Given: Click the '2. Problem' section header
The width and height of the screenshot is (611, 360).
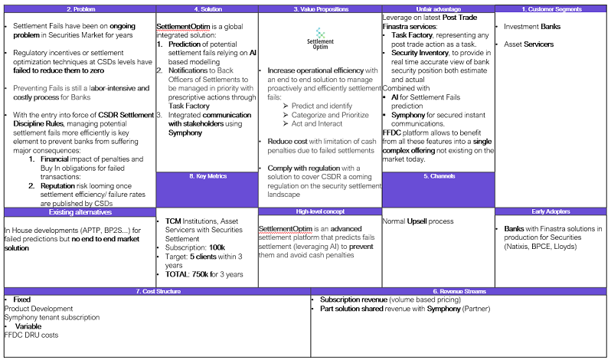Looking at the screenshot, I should tap(80, 9).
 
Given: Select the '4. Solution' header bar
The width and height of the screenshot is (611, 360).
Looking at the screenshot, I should tap(207, 9).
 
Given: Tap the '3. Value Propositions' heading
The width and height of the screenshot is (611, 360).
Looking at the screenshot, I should tap(319, 9).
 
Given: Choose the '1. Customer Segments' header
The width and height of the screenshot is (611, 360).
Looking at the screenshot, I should tap(552, 9).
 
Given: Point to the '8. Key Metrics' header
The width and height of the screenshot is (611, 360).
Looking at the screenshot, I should tap(207, 176).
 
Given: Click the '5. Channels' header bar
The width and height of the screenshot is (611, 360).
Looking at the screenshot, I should tap(438, 176).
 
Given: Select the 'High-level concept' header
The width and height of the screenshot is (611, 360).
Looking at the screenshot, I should tap(319, 211).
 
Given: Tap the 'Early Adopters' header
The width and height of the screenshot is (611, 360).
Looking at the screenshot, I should tap(552, 211).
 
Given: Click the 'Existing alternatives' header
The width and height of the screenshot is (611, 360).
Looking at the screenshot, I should tap(80, 211).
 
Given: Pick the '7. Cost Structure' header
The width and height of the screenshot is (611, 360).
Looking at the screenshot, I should tap(156, 291).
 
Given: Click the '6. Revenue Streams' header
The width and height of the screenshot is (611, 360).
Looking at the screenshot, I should tap(459, 291).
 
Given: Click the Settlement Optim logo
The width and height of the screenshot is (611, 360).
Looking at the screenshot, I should tap(320, 39).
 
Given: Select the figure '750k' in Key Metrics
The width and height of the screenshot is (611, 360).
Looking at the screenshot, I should tap(201, 274).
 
